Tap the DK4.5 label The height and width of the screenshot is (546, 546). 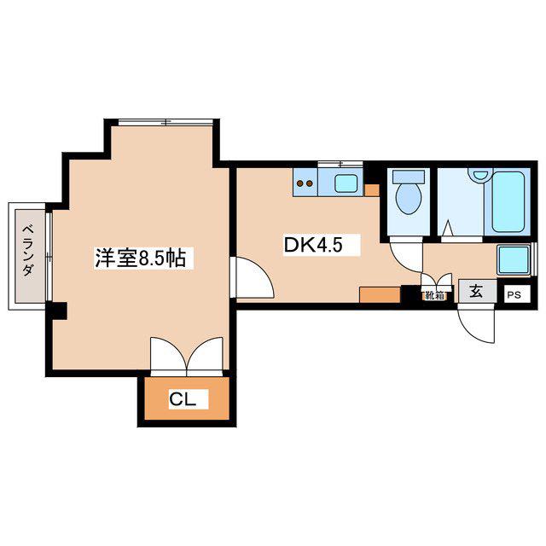coord(313,245)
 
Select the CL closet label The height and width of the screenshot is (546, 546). coord(182,399)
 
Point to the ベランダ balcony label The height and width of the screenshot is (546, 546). coord(29,250)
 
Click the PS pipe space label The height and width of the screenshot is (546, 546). coord(514,295)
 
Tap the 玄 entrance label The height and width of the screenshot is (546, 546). coord(476,291)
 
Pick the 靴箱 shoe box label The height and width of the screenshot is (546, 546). coord(434,296)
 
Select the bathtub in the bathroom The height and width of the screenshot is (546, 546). coord(508,201)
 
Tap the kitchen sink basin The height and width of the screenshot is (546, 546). coord(346,183)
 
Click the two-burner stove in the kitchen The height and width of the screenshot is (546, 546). coord(305,183)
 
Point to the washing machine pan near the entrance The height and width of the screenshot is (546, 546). coord(514,259)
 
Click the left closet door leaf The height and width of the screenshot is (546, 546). coord(169,354)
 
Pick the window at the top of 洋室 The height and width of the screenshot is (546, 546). coord(166,122)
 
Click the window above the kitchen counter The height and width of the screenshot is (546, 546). coord(340,164)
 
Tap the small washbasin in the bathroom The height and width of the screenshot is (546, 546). coord(480,174)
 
